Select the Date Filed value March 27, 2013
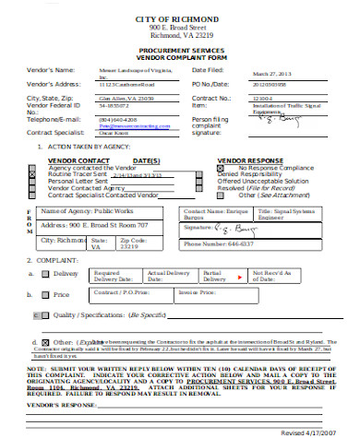point(245,77)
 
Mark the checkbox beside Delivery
point(44,274)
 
